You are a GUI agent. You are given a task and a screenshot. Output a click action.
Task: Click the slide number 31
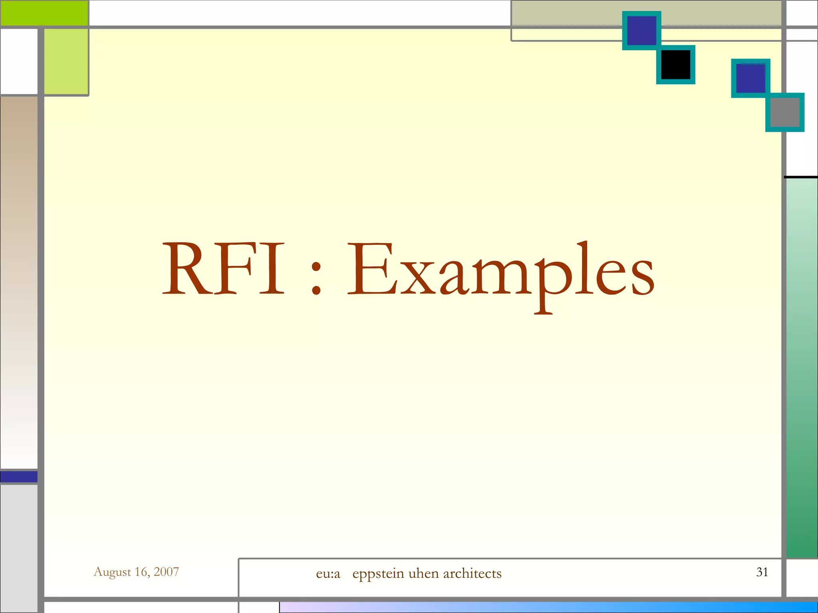point(762,572)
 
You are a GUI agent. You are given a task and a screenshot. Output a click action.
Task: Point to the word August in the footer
point(112,572)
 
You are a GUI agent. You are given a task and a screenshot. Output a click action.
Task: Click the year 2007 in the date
point(166,571)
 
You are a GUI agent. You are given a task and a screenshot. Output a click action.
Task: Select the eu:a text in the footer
point(328,573)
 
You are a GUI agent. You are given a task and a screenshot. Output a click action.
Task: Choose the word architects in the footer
point(472,573)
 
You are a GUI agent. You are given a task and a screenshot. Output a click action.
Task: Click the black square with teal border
point(676,64)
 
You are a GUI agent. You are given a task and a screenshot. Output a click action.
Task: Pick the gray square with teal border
point(784,112)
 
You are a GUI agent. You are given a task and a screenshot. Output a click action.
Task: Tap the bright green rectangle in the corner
point(44,13)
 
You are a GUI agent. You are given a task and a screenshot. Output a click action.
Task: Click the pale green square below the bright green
point(66,61)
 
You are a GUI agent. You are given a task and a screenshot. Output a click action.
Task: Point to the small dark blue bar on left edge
point(19,477)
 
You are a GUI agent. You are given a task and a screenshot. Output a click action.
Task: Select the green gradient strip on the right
point(802,367)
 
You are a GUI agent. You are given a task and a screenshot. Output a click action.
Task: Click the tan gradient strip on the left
point(19,279)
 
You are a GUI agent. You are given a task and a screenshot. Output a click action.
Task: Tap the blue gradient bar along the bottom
point(547,607)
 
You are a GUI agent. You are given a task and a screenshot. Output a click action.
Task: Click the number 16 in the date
point(141,572)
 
